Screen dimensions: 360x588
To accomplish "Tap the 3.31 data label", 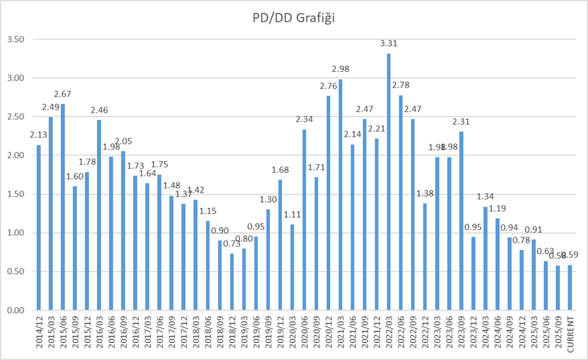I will [389, 44].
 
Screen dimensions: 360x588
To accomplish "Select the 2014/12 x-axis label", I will [39, 333].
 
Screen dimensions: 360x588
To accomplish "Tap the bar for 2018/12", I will [232, 282].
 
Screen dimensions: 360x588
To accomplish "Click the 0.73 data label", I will [232, 244].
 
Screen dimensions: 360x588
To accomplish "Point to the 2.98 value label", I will [340, 69].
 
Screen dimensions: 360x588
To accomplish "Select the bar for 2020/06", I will [304, 220].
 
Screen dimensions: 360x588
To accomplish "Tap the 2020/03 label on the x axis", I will [292, 333].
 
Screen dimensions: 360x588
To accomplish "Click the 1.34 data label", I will [485, 197].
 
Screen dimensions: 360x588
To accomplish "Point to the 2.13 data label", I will [39, 135].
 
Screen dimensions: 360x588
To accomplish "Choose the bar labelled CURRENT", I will [570, 287].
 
